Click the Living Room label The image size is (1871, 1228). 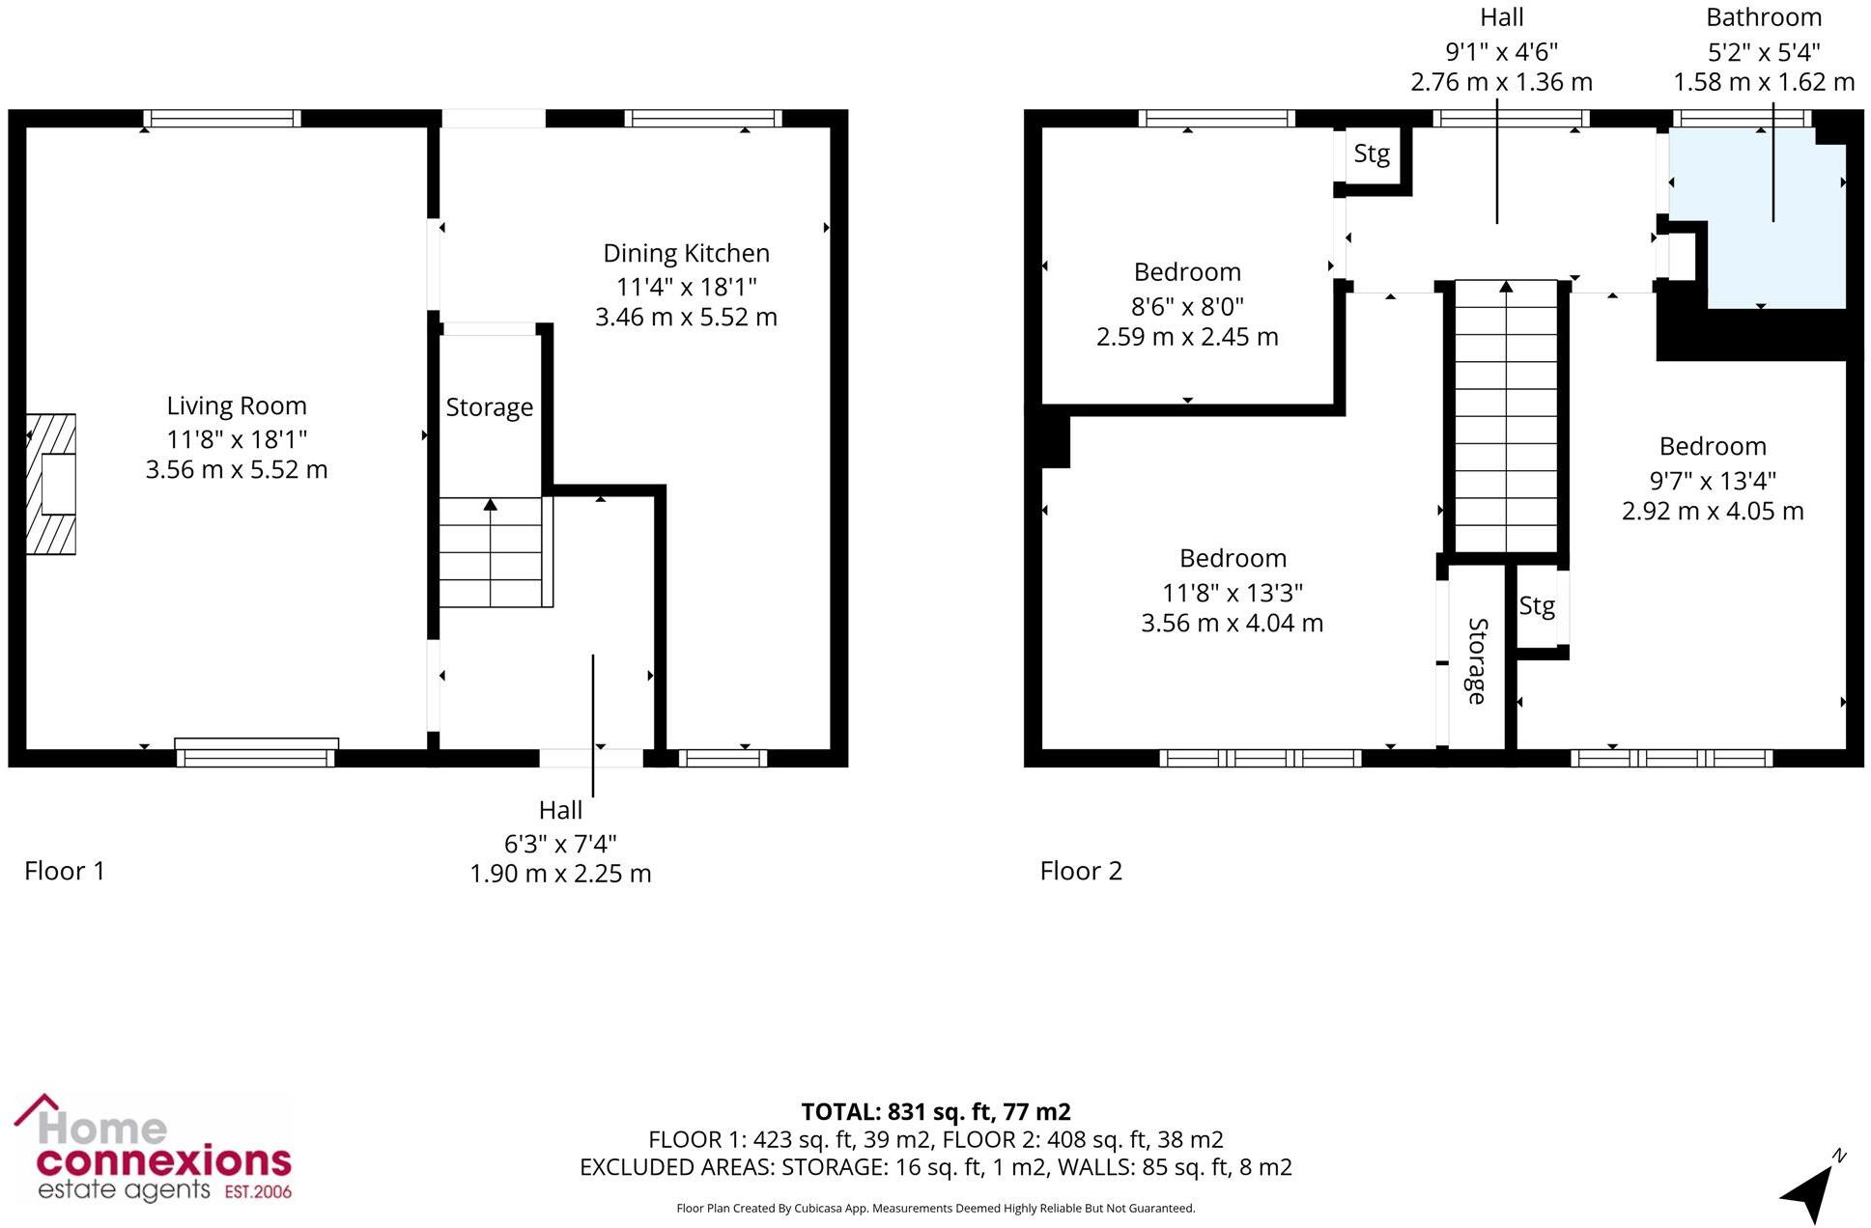(236, 406)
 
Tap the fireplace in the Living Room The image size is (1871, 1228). (51, 484)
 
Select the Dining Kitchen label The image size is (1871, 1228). (686, 254)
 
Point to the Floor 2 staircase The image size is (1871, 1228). (1506, 415)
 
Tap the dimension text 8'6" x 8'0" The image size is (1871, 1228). (1187, 307)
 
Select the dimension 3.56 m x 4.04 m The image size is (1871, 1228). (1232, 624)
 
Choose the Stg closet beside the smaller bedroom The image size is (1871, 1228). (1372, 153)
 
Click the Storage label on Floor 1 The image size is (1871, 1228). (489, 407)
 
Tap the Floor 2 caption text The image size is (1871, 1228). (1080, 871)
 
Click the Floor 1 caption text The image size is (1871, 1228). (64, 871)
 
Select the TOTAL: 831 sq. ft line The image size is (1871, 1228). (935, 1112)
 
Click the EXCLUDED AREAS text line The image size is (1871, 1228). (935, 1167)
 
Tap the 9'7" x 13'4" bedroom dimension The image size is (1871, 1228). (1713, 481)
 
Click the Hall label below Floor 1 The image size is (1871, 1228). (560, 811)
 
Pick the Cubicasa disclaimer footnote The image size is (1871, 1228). (935, 1209)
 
